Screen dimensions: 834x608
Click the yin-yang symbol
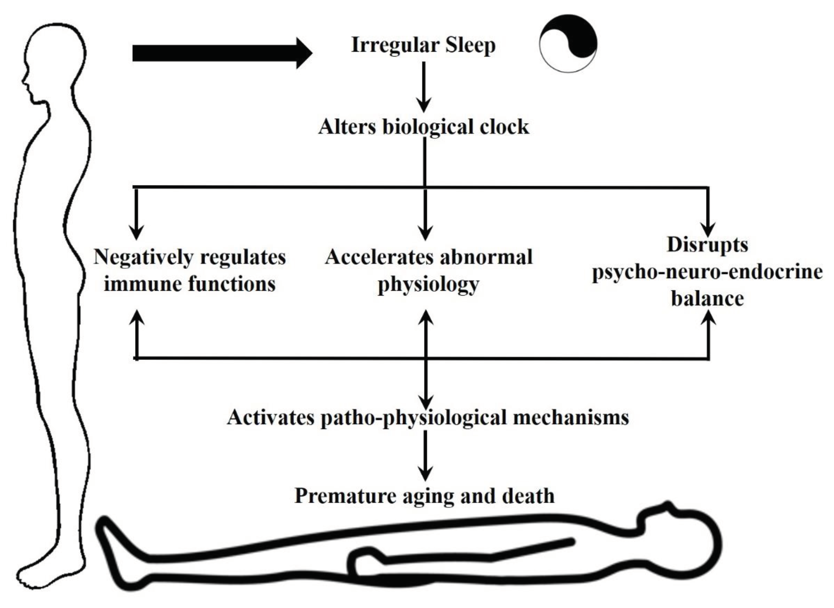pyautogui.click(x=568, y=43)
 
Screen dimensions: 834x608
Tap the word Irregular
pyautogui.click(x=395, y=45)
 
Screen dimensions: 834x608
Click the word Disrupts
pyautogui.click(x=707, y=245)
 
